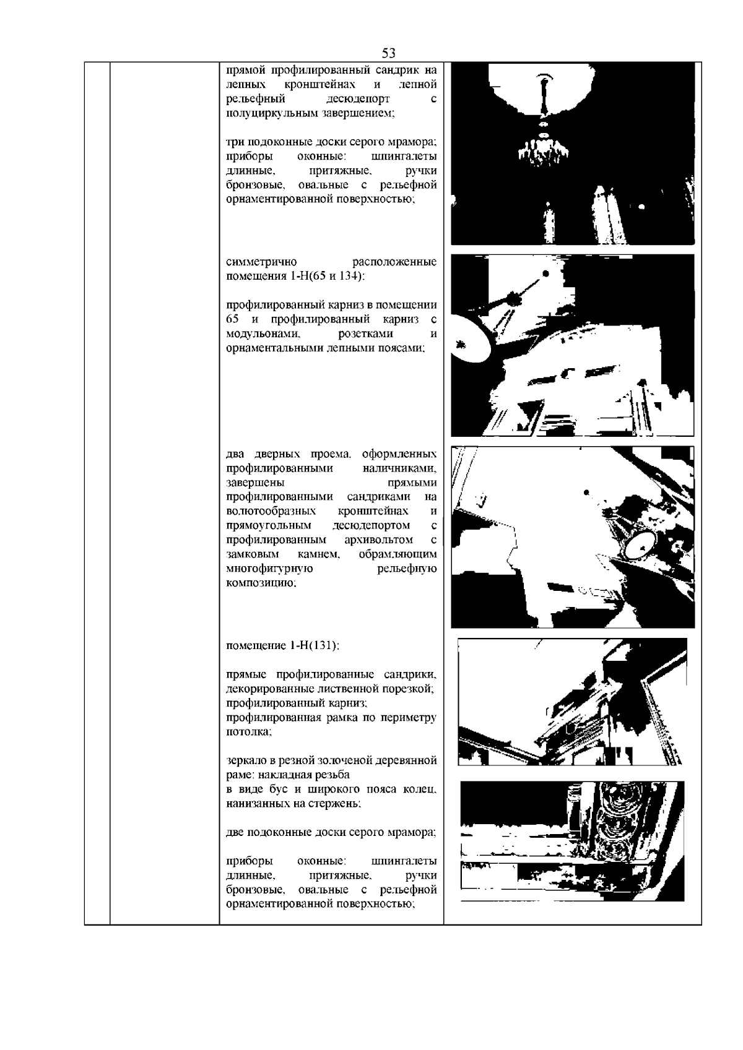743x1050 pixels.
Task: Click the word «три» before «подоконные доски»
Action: coord(234,142)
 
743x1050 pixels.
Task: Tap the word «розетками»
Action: coord(363,334)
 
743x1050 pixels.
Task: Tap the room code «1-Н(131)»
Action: coord(314,645)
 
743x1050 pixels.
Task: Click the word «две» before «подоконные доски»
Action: coord(235,832)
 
